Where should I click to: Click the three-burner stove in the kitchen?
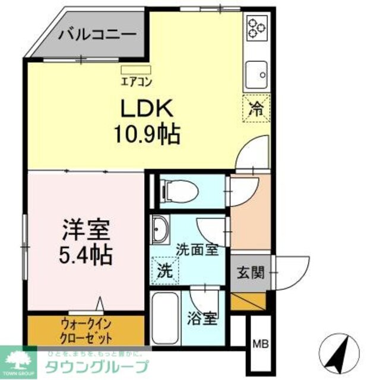(x=257, y=27)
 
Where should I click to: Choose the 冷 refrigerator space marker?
(x=256, y=108)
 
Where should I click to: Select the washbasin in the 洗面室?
(x=160, y=229)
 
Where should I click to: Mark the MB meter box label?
(x=259, y=343)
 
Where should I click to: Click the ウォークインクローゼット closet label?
(x=86, y=331)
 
